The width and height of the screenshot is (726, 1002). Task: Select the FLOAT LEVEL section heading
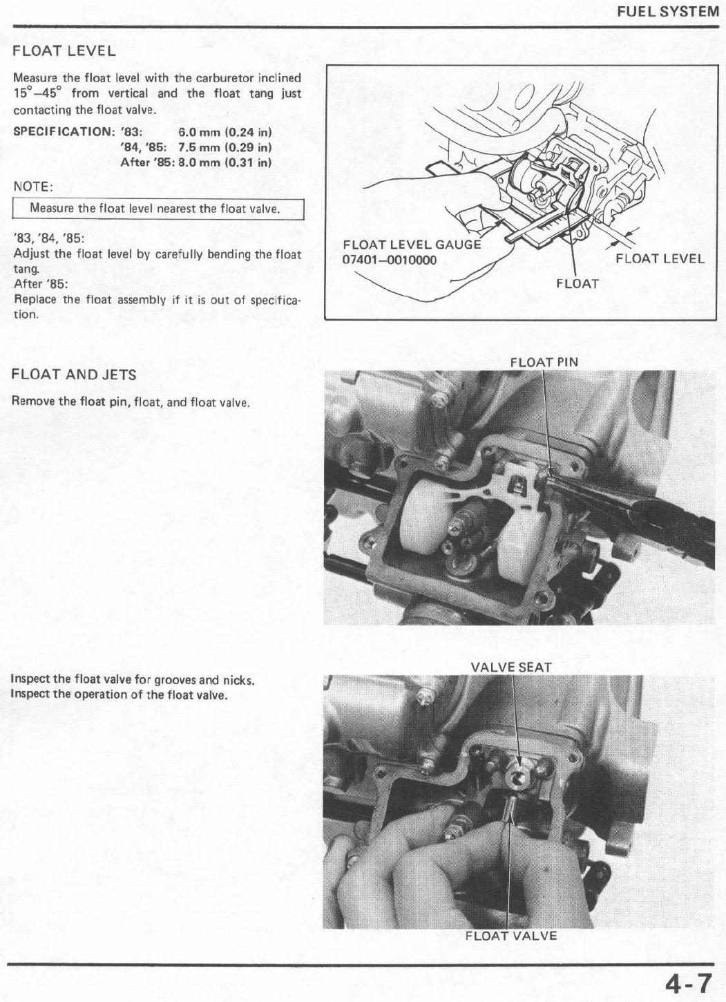(64, 51)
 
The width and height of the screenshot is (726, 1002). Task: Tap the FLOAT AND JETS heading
(74, 375)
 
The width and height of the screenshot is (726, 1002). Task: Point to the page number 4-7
(688, 981)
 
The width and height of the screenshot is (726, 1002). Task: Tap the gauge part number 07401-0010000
(390, 259)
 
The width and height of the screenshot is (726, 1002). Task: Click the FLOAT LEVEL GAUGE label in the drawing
(412, 245)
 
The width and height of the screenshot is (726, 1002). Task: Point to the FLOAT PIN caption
(544, 362)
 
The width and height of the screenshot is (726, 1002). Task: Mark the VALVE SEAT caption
(510, 668)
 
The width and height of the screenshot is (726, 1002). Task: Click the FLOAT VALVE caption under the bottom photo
(510, 936)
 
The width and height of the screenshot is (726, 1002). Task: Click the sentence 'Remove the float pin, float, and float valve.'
(131, 401)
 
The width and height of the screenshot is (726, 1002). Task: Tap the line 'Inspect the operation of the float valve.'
(119, 694)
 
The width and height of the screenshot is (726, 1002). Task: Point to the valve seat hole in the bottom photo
(517, 777)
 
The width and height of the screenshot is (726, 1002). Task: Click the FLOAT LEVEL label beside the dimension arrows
(660, 258)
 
